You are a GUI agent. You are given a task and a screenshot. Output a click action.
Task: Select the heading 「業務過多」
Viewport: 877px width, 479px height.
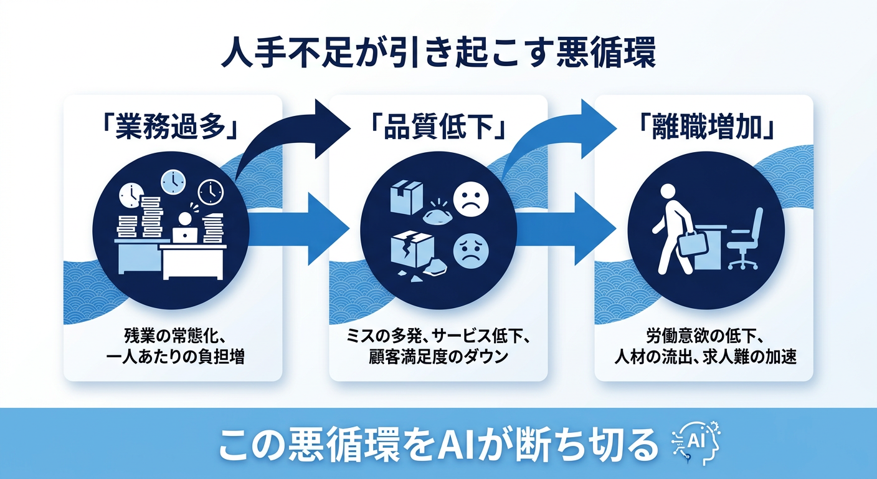pos(173,128)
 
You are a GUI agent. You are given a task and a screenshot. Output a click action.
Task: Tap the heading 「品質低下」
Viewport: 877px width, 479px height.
pos(438,128)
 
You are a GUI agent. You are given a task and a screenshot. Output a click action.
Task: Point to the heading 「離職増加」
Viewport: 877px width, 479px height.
pos(704,128)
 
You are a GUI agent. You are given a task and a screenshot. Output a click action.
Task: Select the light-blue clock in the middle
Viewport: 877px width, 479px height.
pos(173,181)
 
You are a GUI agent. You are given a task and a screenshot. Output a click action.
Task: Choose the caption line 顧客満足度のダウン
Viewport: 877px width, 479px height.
pos(438,359)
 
